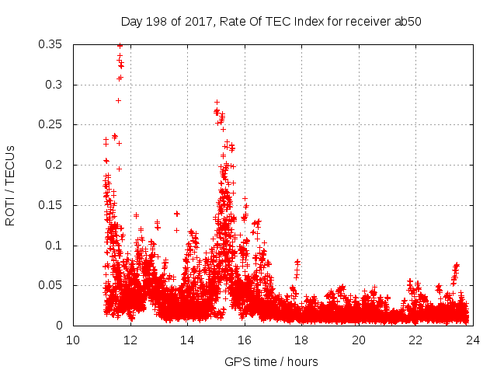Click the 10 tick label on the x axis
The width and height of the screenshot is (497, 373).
[x=73, y=340]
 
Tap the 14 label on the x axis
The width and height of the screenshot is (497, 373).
[x=187, y=340]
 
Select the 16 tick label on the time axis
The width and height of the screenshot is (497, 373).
[x=245, y=340]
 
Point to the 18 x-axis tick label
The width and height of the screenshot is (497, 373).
[x=301, y=340]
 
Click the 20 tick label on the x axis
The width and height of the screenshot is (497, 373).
[x=359, y=340]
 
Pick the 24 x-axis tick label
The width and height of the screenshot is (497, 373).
[x=473, y=340]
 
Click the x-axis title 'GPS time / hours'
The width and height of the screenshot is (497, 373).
[x=271, y=361]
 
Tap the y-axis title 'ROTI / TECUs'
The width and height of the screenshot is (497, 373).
[x=11, y=185]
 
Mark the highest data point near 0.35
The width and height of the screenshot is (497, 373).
[x=120, y=45]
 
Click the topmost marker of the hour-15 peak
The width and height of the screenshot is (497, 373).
[x=217, y=102]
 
